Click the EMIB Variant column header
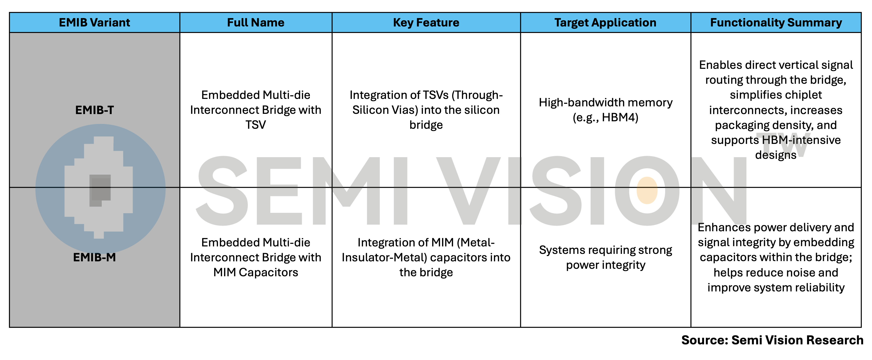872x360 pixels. pos(95,23)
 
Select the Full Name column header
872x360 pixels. pos(256,23)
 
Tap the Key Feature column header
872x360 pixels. pos(426,23)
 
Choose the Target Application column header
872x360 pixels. pos(605,23)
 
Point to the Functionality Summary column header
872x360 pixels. pos(776,23)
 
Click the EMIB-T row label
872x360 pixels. pos(95,110)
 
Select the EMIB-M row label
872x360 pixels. pos(95,257)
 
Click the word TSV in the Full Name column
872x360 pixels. pos(256,125)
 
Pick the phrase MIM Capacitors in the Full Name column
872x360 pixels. pos(256,272)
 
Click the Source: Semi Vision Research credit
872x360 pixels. pos(772,340)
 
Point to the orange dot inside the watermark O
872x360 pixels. pos(647,190)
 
